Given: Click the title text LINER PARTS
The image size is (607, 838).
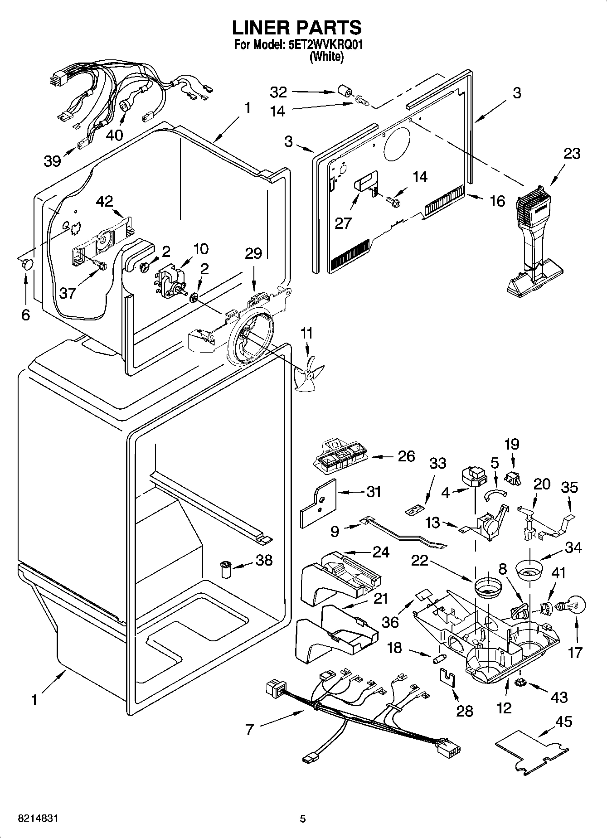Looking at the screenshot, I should pyautogui.click(x=297, y=28).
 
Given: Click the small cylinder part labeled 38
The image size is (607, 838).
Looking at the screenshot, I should pyautogui.click(x=226, y=569).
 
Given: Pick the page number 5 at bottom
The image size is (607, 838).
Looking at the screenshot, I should pyautogui.click(x=303, y=819).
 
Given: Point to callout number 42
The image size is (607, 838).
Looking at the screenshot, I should pyautogui.click(x=105, y=201).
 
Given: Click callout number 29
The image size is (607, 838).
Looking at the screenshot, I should pyautogui.click(x=253, y=253).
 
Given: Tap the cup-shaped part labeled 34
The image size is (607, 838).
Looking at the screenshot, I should pyautogui.click(x=529, y=570).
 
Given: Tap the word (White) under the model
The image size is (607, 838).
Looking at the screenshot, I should pyautogui.click(x=326, y=57).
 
